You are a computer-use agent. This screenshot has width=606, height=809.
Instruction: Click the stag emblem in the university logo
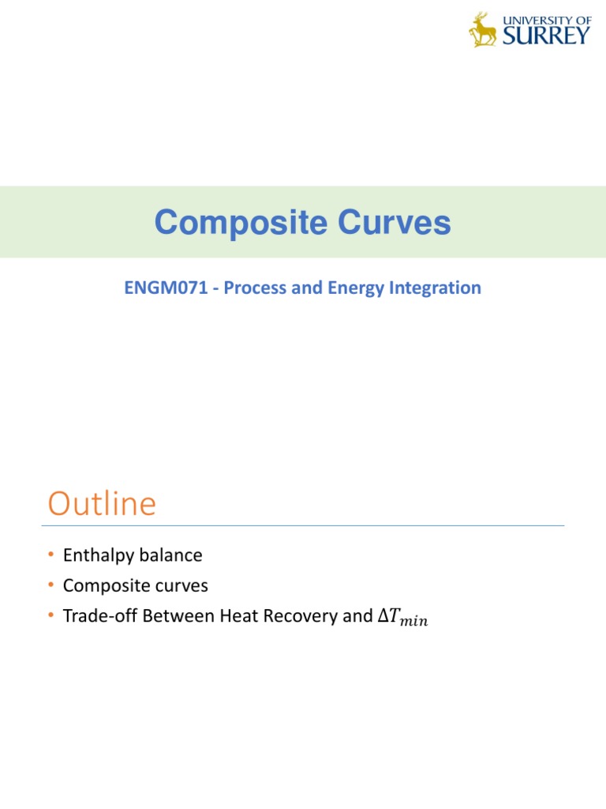coord(483,30)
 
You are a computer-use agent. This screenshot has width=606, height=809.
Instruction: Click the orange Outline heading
coord(102,504)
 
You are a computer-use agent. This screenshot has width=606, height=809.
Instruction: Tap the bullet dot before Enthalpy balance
coord(51,556)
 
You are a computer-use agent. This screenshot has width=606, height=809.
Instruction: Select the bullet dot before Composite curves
coord(51,586)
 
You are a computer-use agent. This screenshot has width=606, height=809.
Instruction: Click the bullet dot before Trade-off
coord(51,616)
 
